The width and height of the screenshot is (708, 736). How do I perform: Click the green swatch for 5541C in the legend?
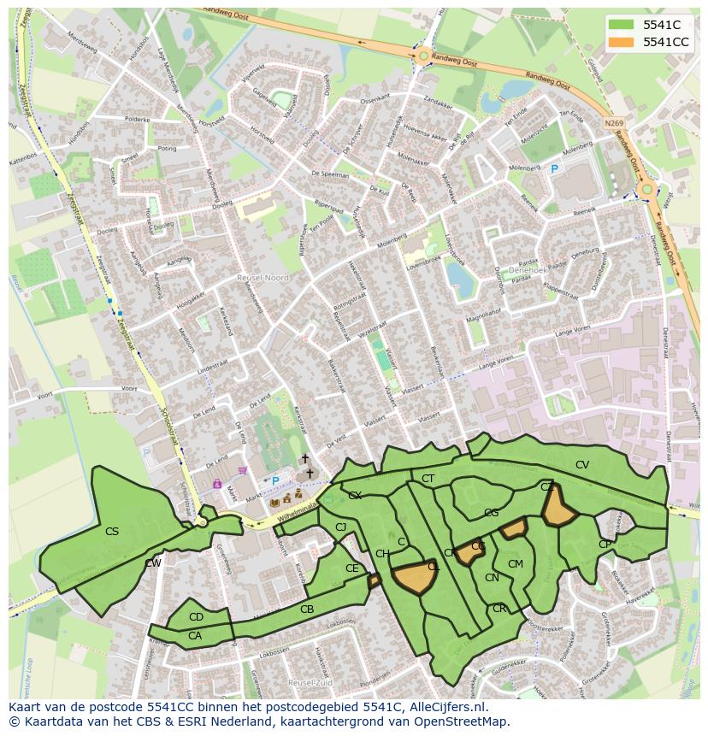622,25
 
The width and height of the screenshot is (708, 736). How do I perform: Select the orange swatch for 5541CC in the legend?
622,42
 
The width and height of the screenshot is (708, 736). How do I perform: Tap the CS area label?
112,532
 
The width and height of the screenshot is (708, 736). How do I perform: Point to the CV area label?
582,465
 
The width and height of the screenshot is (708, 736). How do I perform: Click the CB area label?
307,609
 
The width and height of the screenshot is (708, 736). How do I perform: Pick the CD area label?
196,617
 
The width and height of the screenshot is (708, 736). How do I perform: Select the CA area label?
195,635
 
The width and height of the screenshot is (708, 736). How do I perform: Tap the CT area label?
428,479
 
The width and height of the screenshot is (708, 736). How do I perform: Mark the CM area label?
516,564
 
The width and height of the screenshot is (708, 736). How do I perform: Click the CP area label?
605,545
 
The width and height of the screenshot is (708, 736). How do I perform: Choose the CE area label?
352,568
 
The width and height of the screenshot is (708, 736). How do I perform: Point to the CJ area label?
341,527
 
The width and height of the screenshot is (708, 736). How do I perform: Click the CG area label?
491,514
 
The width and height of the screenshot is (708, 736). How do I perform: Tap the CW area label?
153,563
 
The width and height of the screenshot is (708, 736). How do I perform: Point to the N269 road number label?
613,123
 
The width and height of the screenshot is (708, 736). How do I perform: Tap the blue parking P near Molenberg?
554,170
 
